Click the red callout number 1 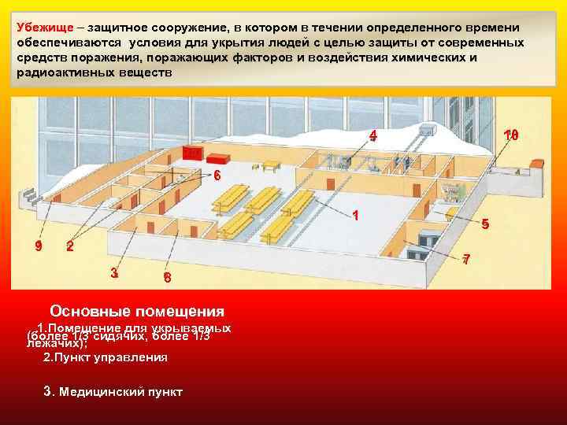356,215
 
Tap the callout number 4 373,135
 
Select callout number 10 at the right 511,135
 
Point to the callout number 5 485,224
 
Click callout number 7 467,259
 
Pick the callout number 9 38,246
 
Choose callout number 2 70,247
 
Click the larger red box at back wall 192,152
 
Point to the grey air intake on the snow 430,128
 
